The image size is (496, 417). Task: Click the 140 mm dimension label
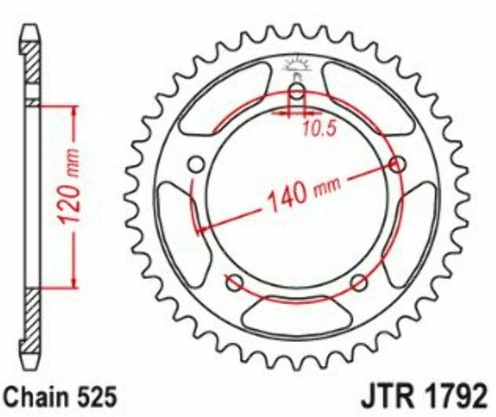pyautogui.click(x=304, y=192)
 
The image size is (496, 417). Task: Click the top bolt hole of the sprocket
pyautogui.click(x=297, y=92)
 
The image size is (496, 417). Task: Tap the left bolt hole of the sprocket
pyautogui.click(x=197, y=165)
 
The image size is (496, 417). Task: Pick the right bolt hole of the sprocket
pyautogui.click(x=398, y=165)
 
